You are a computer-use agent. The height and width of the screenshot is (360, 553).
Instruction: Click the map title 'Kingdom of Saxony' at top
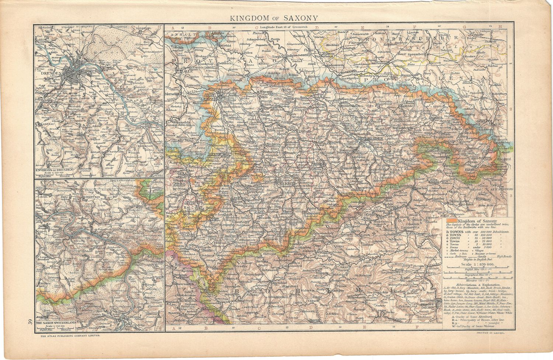[272, 18]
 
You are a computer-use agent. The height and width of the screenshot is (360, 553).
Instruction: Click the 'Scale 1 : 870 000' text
[474, 264]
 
